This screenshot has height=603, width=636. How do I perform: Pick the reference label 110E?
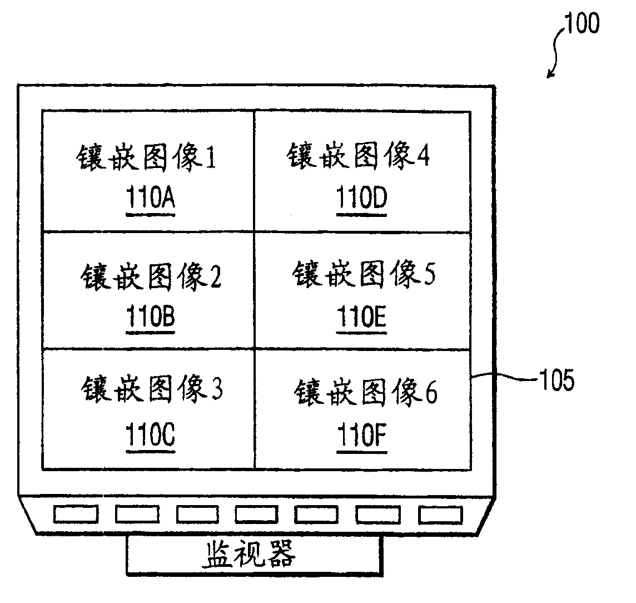click(x=362, y=318)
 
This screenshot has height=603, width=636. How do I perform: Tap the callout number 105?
click(x=555, y=382)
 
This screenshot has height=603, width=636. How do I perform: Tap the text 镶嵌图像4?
click(x=359, y=156)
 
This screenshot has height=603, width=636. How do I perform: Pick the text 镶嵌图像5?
click(x=364, y=275)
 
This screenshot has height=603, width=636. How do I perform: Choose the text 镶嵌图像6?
click(x=365, y=393)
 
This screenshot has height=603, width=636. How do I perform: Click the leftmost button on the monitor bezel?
click(x=75, y=514)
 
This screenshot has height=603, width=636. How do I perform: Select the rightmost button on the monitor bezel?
click(x=441, y=514)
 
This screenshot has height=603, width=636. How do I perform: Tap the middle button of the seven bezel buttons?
click(x=257, y=514)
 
